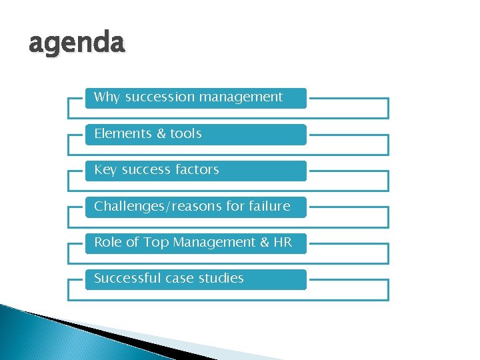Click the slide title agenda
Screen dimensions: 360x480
76,44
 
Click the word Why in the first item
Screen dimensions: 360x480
107,97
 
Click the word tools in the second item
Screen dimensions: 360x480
185,133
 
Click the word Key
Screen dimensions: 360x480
105,170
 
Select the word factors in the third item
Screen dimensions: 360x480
196,170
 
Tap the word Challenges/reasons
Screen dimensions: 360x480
159,206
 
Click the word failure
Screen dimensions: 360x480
269,206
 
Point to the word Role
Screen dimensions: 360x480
107,243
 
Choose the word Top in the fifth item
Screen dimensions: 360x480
156,243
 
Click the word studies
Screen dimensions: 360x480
221,279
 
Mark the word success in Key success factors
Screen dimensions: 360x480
145,170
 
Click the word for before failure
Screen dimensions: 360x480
235,206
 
